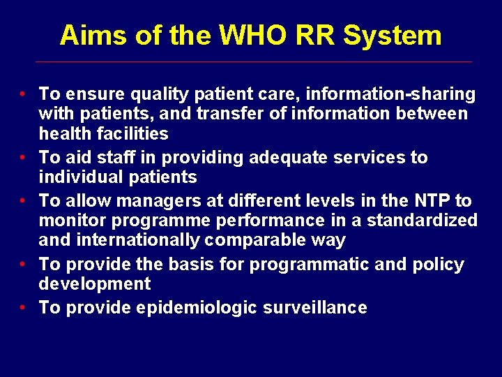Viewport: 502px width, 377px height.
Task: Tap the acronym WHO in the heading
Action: point(243,36)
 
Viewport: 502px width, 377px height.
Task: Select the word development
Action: point(95,284)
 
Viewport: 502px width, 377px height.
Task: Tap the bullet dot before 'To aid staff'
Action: point(23,158)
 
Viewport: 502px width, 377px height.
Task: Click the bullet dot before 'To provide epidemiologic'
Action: point(23,308)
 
